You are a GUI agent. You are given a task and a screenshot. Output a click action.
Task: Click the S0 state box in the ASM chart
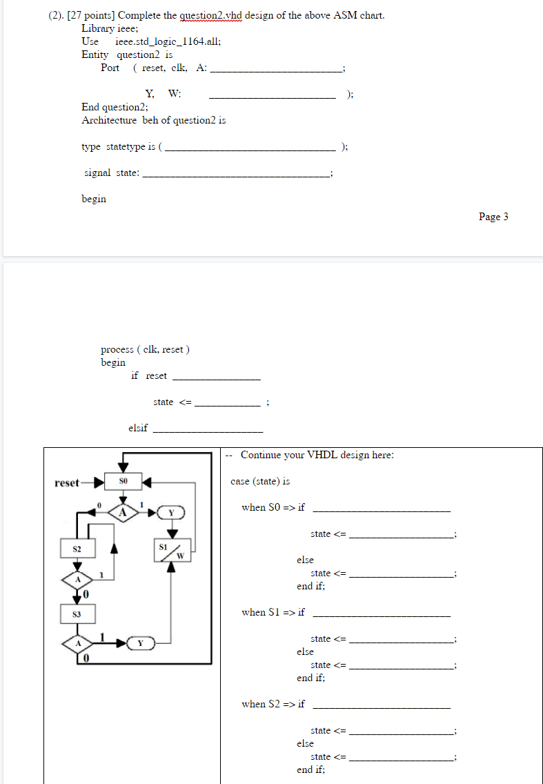(x=124, y=481)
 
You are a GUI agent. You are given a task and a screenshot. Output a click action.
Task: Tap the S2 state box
(x=77, y=549)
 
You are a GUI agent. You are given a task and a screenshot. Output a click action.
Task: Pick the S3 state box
(x=77, y=614)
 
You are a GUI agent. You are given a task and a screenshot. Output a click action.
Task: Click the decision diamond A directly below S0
(x=124, y=512)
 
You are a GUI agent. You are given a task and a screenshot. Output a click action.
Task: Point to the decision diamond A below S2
(x=77, y=579)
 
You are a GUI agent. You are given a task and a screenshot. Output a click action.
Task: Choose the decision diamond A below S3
(x=77, y=643)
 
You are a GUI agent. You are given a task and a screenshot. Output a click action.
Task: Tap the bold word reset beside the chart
(x=67, y=482)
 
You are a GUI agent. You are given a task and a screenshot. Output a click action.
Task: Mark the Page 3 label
(x=493, y=217)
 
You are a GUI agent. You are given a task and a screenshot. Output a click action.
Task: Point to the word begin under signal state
(x=94, y=199)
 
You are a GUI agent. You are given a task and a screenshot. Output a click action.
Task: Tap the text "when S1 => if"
(x=273, y=612)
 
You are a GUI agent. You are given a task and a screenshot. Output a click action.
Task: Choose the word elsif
(x=138, y=428)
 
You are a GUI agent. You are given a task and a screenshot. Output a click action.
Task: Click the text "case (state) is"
(x=260, y=481)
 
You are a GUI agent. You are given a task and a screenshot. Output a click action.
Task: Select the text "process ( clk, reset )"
(x=145, y=349)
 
